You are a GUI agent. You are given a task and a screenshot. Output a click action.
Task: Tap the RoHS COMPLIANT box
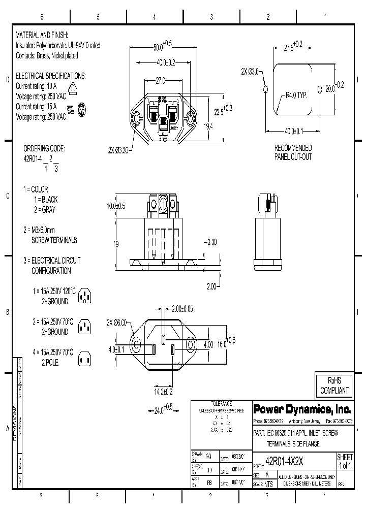coord(333,387)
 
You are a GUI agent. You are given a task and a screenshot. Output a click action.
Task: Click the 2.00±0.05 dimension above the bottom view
coord(182,309)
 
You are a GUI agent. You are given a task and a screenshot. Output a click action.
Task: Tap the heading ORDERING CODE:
coord(45,148)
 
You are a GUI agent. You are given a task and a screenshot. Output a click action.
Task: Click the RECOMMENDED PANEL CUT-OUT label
coord(293,152)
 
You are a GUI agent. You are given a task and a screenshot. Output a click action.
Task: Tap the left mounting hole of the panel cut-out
coord(265,90)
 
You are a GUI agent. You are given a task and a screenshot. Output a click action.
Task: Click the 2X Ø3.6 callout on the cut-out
coord(250,72)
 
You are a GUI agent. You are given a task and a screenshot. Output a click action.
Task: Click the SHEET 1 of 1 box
coord(345,461)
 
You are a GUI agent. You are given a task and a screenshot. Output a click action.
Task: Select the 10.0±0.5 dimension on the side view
coord(115,206)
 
